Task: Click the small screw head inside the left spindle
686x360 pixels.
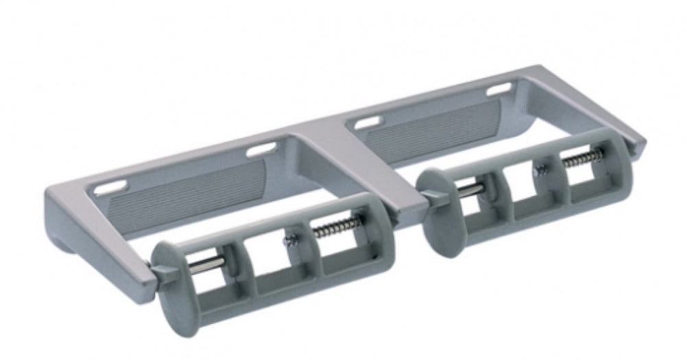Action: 291,239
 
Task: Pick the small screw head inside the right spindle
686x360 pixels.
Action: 541,169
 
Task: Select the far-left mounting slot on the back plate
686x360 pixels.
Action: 110,187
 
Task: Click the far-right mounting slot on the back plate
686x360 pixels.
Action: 500,89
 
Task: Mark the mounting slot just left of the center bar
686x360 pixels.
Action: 261,149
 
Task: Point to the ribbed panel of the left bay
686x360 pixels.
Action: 185,193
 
